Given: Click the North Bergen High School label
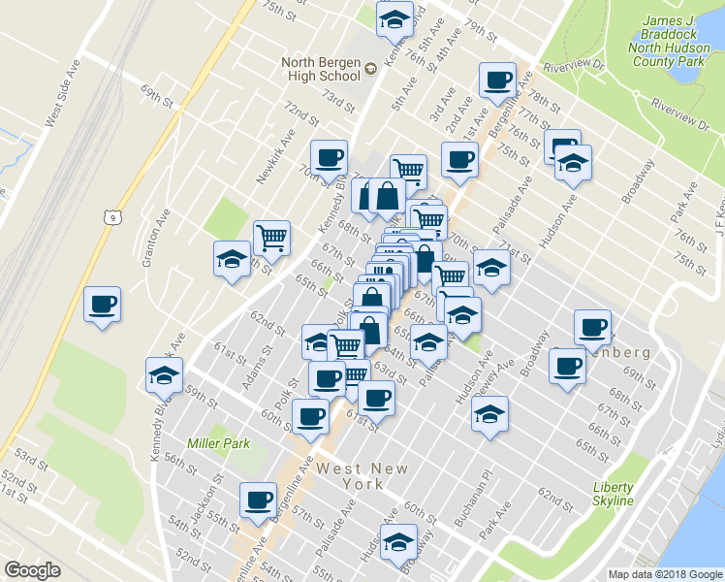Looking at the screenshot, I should [321, 70].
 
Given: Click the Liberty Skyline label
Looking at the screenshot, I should [614, 494].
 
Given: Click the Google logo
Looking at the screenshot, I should [32, 570].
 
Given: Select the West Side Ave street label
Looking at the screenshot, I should [60, 98].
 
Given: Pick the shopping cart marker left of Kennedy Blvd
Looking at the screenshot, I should [272, 236].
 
